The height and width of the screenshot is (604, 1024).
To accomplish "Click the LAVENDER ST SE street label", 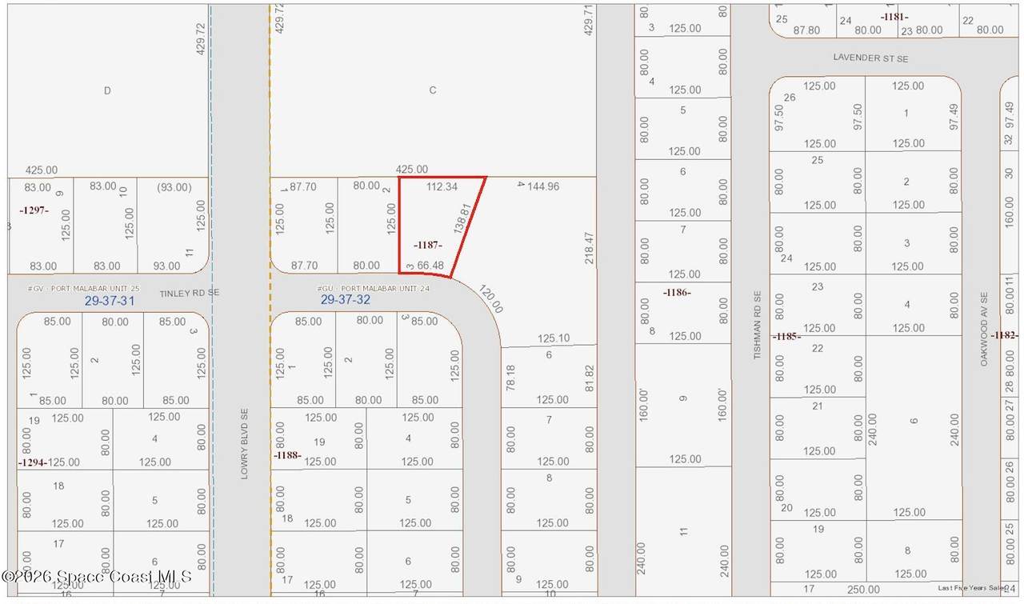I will pyautogui.click(x=870, y=58).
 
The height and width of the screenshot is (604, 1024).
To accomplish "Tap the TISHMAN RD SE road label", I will pyautogui.click(x=758, y=325).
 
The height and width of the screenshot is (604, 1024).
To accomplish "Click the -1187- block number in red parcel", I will pyautogui.click(x=428, y=245).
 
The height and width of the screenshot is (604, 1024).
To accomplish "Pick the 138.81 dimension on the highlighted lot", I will pyautogui.click(x=459, y=218).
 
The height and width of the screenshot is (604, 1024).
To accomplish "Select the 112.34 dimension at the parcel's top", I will pyautogui.click(x=442, y=187).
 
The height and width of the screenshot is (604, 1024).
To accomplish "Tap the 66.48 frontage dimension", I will pyautogui.click(x=430, y=266).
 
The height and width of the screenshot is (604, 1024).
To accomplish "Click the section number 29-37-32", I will pyautogui.click(x=346, y=300).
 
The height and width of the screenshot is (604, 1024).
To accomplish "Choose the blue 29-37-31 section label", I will pyautogui.click(x=110, y=301).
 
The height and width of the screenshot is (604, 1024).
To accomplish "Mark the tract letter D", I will pyautogui.click(x=107, y=90).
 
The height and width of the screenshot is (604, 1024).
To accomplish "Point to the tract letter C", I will pyautogui.click(x=433, y=90).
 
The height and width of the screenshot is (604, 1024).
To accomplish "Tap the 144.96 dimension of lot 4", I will pyautogui.click(x=538, y=186).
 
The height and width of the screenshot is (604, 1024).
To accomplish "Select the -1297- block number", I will pyautogui.click(x=34, y=210).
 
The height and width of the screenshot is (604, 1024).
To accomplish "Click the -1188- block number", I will pyautogui.click(x=286, y=455).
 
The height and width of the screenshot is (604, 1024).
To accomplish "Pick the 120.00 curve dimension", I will pyautogui.click(x=491, y=299).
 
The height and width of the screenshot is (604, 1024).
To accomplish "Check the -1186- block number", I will pyautogui.click(x=677, y=293).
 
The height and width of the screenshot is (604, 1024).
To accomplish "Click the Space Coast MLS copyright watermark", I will pyautogui.click(x=98, y=576).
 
